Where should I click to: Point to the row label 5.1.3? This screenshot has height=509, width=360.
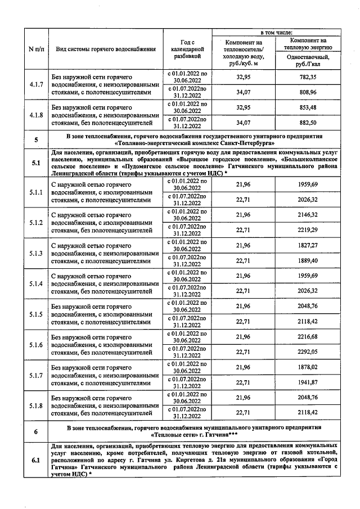click(35, 253)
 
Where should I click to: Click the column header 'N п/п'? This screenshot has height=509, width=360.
click(35, 49)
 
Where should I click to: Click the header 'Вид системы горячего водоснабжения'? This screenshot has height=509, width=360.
click(106, 49)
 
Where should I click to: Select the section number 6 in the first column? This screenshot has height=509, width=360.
click(35, 431)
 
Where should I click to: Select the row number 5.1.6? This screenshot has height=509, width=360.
click(35, 344)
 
